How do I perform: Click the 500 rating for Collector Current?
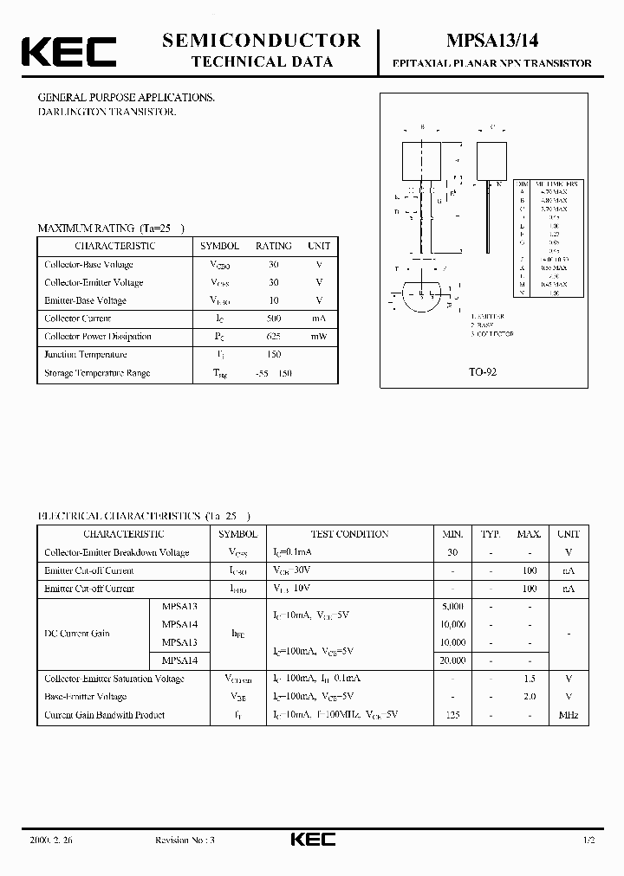[274, 319]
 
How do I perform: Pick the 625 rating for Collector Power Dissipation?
[274, 337]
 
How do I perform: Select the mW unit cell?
[319, 337]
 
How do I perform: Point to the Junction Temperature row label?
[86, 355]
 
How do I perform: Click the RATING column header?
[274, 246]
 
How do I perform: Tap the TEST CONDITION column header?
[349, 534]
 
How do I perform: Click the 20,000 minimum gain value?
[452, 660]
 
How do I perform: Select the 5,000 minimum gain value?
[452, 607]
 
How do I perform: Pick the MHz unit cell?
[569, 715]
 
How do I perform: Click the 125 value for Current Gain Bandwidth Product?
[452, 715]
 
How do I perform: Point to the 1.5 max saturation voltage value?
[530, 679]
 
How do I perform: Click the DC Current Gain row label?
[77, 634]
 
